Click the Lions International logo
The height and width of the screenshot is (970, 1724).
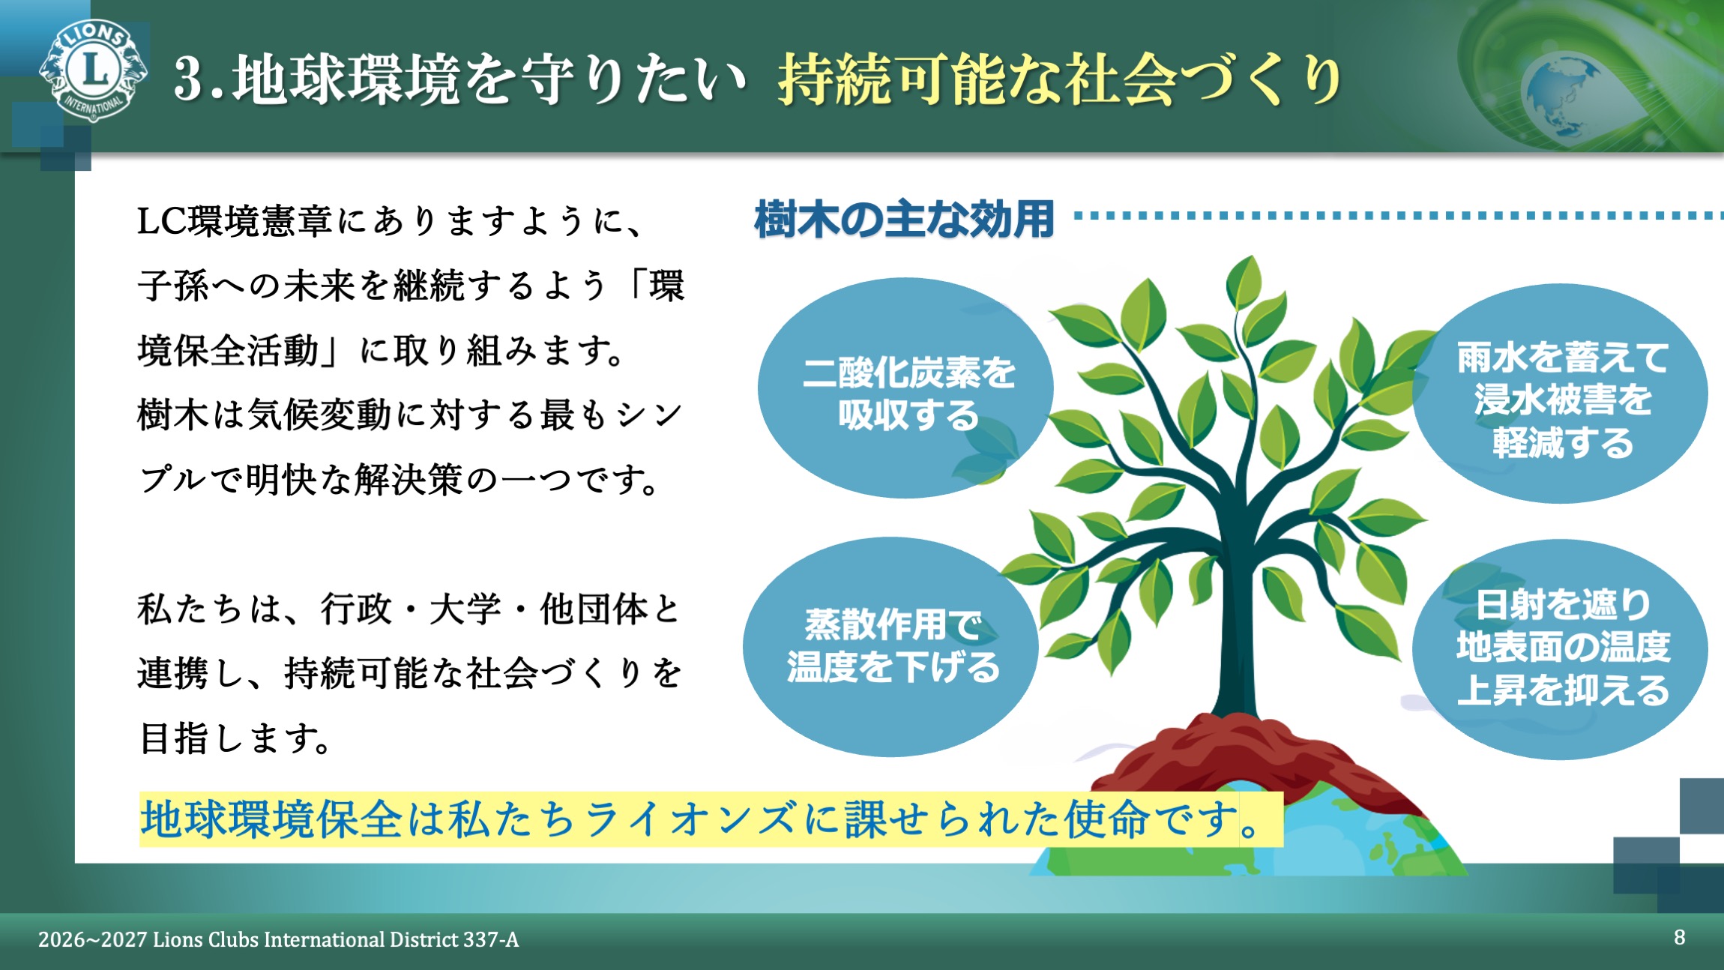coord(93,70)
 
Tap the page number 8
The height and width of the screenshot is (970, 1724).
coord(1679,937)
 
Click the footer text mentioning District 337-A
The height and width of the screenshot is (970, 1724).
coord(278,939)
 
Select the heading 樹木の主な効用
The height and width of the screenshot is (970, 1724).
coord(904,220)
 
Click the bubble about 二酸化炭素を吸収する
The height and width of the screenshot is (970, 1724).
coord(905,390)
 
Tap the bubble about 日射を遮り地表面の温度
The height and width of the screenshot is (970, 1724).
coord(1561,648)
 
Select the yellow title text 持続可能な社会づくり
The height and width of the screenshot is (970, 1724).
coord(1058,79)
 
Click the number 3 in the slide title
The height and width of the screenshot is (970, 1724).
coord(189,79)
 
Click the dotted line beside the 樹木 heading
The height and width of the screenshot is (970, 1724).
coord(1394,216)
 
